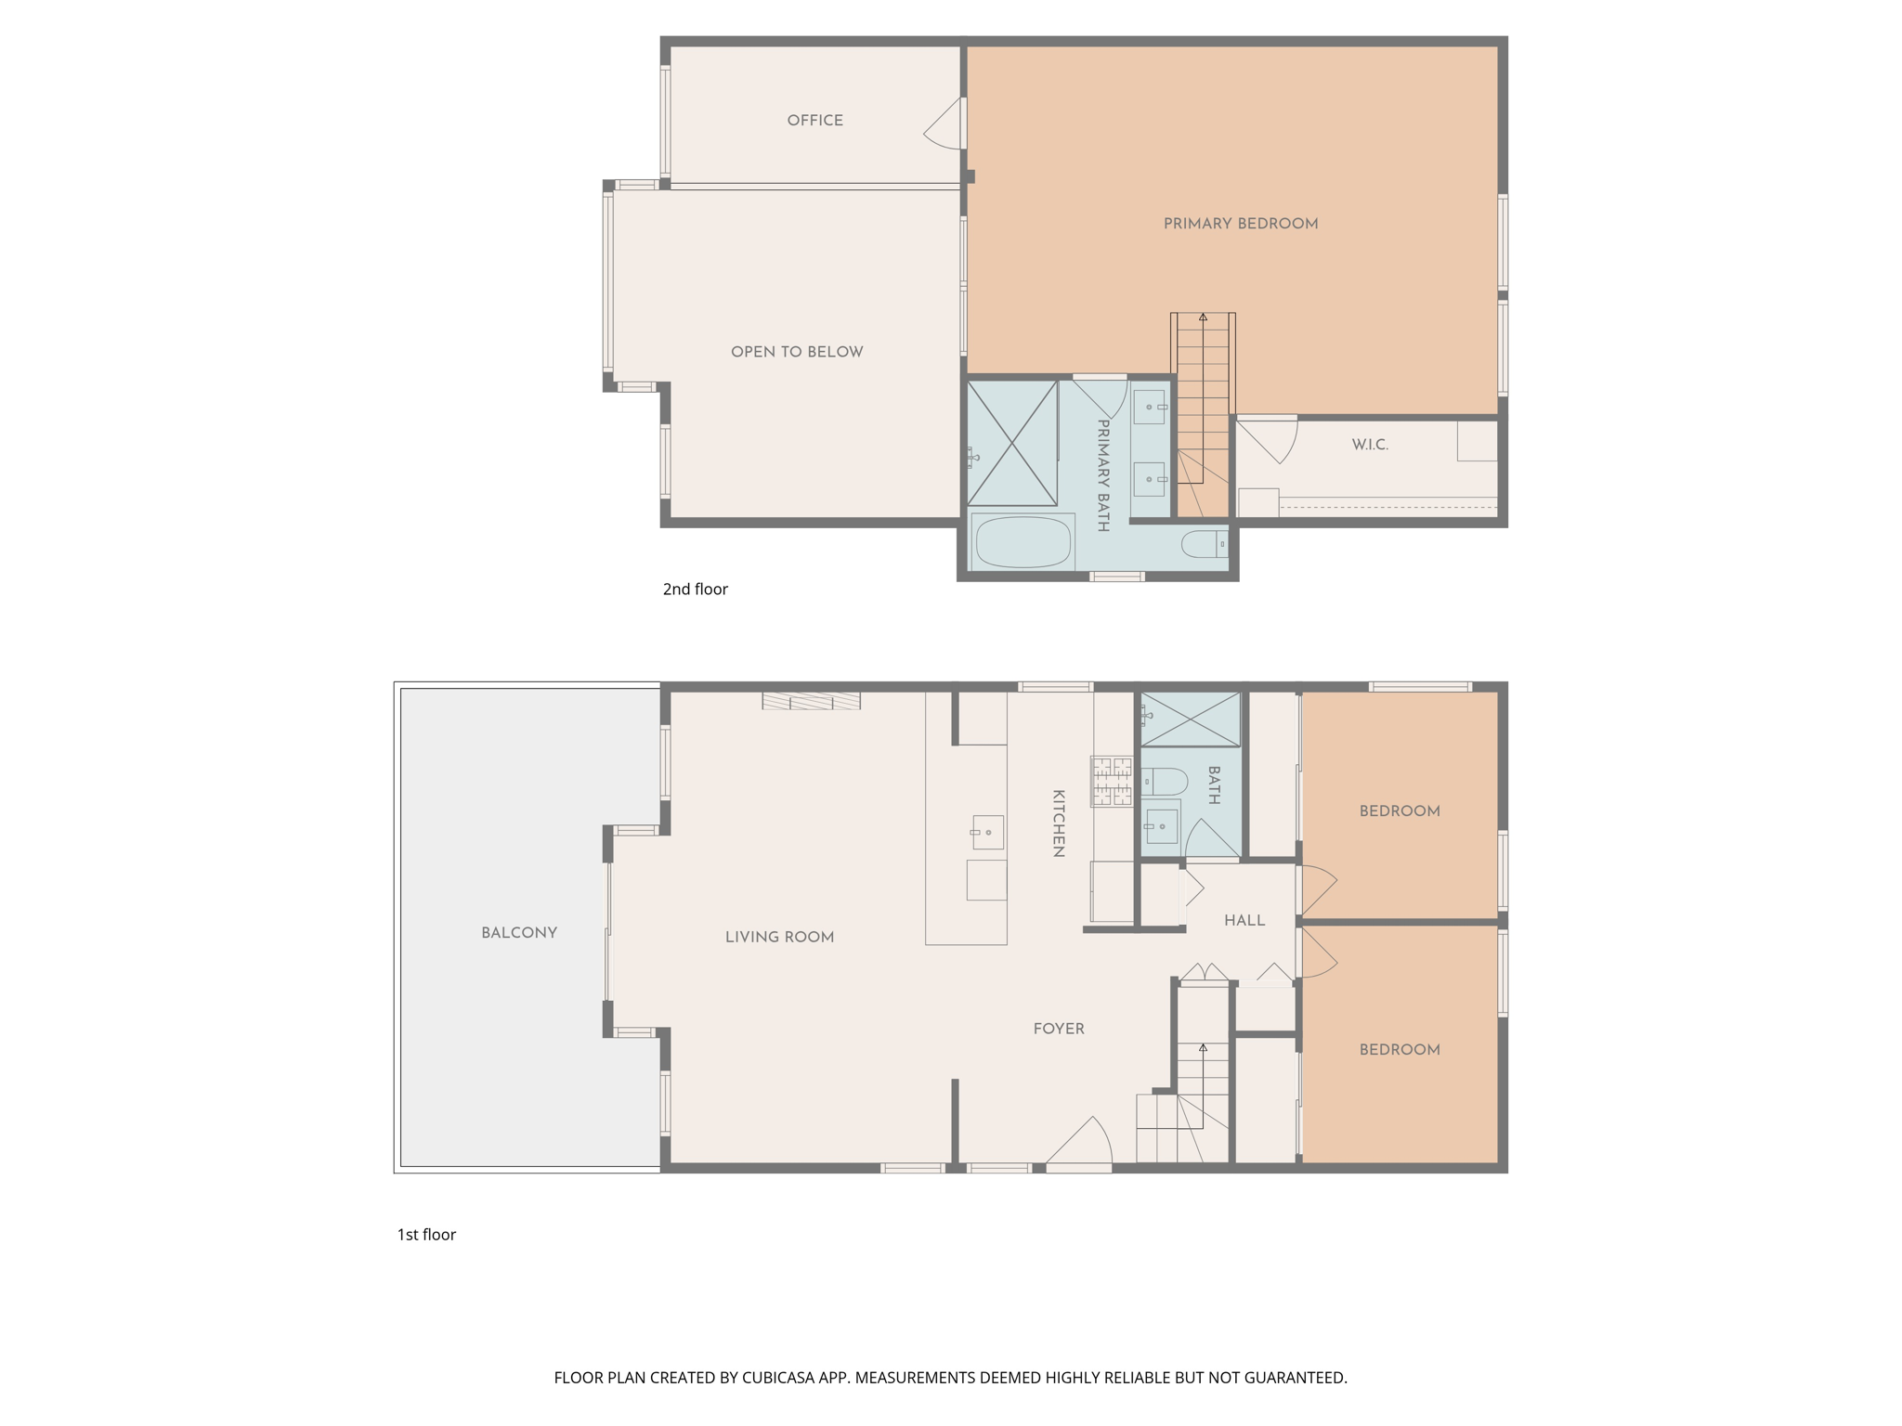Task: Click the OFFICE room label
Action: (814, 121)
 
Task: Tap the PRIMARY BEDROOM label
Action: (1240, 224)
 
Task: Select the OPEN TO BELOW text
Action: (796, 352)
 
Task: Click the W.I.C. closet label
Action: (1369, 445)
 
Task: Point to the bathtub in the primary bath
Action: (1022, 542)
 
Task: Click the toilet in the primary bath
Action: (1204, 544)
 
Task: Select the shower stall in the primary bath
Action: (1011, 443)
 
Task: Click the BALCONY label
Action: (518, 933)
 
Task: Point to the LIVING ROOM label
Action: (779, 938)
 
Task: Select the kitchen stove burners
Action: (1111, 781)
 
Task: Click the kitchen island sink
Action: (987, 832)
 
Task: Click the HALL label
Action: (1244, 921)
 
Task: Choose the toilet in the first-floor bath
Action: (1164, 782)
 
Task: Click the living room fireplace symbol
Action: (811, 701)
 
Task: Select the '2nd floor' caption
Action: (695, 590)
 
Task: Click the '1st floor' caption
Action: (426, 1235)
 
